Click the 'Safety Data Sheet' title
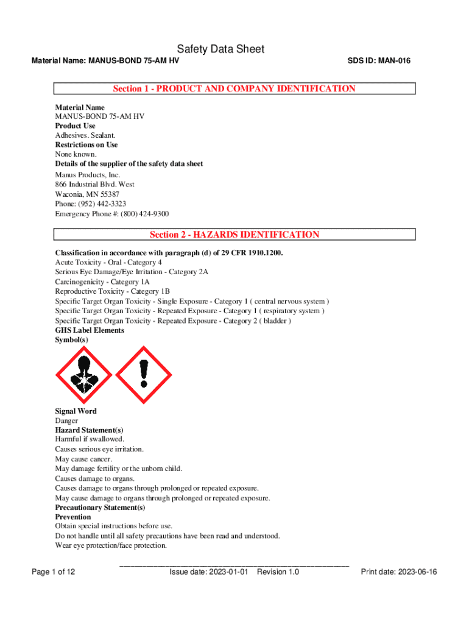(220, 49)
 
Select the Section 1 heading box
(234, 89)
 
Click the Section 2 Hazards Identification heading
(234, 235)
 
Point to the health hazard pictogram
(83, 375)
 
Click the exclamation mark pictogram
(144, 375)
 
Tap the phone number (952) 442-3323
(104, 204)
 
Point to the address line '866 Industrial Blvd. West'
(95, 184)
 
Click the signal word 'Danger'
(66, 421)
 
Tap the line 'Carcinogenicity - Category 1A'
(102, 282)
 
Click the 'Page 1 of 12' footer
(53, 572)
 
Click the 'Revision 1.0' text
(278, 572)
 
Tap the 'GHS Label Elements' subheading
(90, 330)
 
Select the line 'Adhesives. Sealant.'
(85, 135)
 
